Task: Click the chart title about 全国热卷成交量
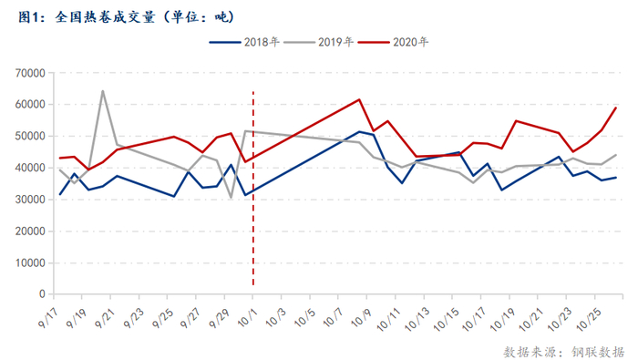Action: point(126,17)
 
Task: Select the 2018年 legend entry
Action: point(244,42)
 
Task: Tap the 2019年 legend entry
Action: point(318,42)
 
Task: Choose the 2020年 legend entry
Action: point(393,42)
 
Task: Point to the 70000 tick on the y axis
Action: point(30,73)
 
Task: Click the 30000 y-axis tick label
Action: point(30,200)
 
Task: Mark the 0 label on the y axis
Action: point(42,294)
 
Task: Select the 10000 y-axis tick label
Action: point(30,262)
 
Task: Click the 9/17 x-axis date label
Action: point(48,318)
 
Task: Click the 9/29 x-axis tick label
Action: point(219,318)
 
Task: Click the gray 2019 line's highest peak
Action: point(102,91)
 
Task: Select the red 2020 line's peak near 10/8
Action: point(359,99)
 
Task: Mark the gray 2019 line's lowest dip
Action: point(232,198)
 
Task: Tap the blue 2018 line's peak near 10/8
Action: point(359,131)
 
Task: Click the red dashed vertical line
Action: point(253,189)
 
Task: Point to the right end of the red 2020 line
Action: point(616,108)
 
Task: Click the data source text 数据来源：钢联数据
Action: point(563,352)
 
